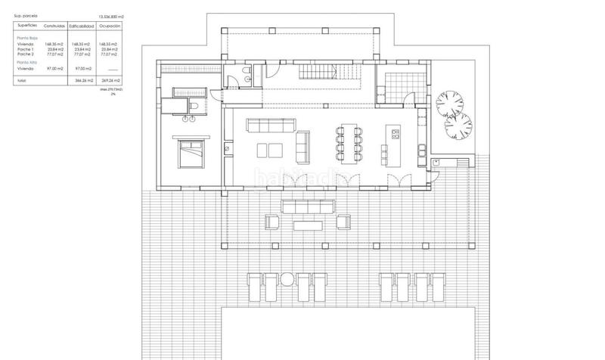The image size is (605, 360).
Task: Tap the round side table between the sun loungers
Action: pyautogui.click(x=287, y=280)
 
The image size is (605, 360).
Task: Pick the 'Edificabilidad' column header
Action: pyautogui.click(x=81, y=26)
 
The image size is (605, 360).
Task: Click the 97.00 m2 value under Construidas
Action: pyautogui.click(x=54, y=68)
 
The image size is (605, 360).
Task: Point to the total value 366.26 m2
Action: pyautogui.click(x=82, y=79)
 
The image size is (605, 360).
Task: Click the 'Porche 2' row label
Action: pyautogui.click(x=27, y=55)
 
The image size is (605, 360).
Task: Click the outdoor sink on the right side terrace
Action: pyautogui.click(x=436, y=163)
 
